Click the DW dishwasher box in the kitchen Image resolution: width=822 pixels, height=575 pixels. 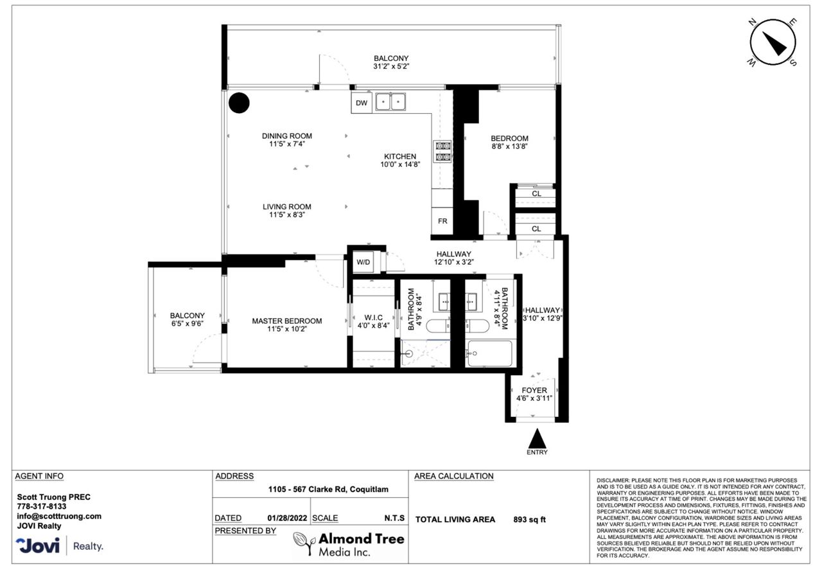pos(362,102)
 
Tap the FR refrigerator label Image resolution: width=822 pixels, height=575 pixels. pos(442,221)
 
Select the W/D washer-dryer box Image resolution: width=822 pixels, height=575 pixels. pos(363,261)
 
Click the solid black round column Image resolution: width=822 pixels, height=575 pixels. pos(239,103)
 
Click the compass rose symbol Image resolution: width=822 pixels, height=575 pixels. pos(772,42)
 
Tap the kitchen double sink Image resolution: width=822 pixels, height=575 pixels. pos(390,102)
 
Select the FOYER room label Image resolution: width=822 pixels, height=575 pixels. pos(534,391)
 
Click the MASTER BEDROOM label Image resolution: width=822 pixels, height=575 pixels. pos(287,321)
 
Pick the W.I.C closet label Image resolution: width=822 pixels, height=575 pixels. pos(373,317)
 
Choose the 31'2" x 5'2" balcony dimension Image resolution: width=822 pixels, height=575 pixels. pos(391,66)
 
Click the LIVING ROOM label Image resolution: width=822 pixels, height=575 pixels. pos(287,207)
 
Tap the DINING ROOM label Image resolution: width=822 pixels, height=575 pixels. pos(287,136)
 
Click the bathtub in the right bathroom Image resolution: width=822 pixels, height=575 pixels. pos(490,353)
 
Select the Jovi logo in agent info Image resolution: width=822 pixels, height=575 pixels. pos(37,545)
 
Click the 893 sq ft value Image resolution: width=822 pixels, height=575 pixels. pos(530,520)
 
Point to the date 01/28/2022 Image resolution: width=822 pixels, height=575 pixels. pos(287,518)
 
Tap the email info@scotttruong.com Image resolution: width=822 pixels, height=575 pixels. pos(59,517)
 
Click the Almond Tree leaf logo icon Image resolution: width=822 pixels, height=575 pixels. pos(304,543)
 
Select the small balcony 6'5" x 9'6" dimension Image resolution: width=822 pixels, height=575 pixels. pos(187,324)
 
